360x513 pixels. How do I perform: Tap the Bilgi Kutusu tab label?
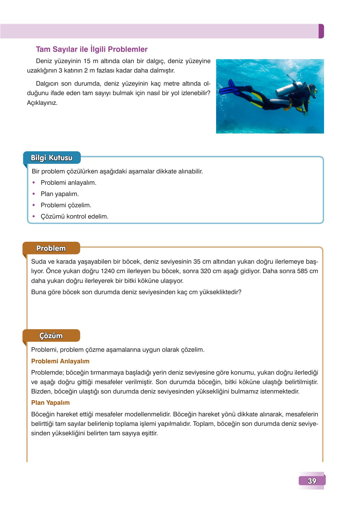(x=52, y=158)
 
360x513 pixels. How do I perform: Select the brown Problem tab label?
(x=51, y=248)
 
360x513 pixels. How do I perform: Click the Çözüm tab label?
(x=51, y=336)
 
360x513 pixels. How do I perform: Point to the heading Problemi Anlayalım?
(x=60, y=361)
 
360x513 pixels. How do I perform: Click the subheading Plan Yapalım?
(x=50, y=403)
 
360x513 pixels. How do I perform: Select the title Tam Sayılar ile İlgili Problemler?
(x=91, y=49)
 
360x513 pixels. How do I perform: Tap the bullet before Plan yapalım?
(x=34, y=194)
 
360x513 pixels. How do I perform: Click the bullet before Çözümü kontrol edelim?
(x=34, y=216)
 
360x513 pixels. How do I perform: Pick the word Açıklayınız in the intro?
(x=42, y=103)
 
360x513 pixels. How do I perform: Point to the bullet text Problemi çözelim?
(x=66, y=205)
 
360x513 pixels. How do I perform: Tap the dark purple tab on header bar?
(x=321, y=31)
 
